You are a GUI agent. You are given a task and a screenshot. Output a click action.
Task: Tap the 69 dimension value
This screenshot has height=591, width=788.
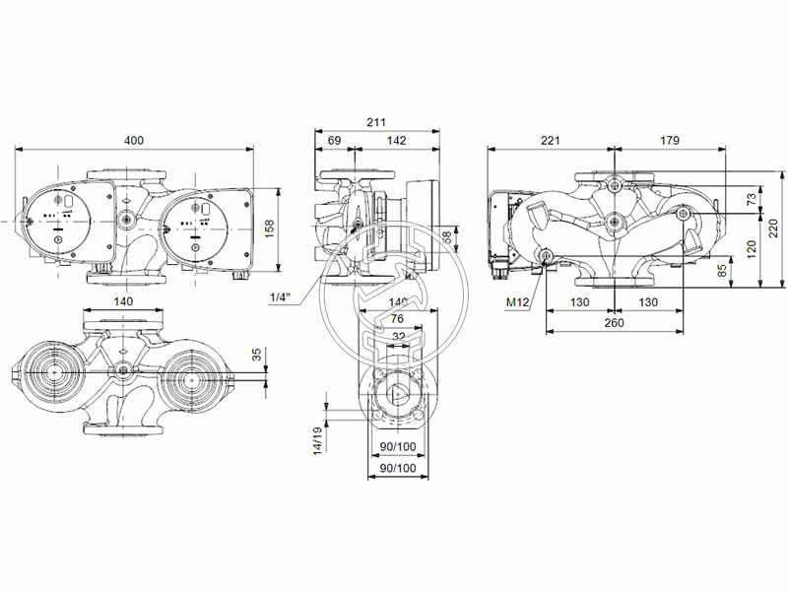[x=334, y=141]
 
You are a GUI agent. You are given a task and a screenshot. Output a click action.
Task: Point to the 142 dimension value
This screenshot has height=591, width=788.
[x=395, y=141]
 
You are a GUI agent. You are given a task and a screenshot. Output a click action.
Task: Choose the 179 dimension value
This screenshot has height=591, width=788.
[x=669, y=141]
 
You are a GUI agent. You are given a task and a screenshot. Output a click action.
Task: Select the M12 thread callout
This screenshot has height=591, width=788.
[x=518, y=302]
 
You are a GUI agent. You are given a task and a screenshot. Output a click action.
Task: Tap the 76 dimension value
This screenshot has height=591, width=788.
[x=397, y=318]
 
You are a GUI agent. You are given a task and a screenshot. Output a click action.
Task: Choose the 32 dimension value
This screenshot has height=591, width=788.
[x=397, y=335]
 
